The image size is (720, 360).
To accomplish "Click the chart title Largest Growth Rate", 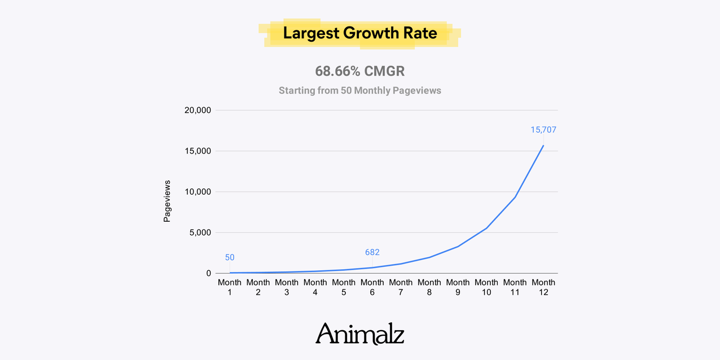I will (x=360, y=33).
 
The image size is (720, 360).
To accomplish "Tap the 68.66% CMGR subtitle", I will (x=360, y=72).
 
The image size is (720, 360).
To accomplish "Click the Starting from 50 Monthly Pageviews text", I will (x=360, y=90).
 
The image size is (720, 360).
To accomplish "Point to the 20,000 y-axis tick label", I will (x=197, y=110).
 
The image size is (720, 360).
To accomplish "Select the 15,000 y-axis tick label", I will (x=197, y=151).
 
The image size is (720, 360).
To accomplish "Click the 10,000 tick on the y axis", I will (x=197, y=192).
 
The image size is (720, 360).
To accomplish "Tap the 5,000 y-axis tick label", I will (x=200, y=232).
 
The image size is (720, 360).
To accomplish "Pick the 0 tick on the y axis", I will (x=209, y=273).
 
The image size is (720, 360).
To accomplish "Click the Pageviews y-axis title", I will (x=167, y=201).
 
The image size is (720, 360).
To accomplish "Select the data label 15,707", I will (x=543, y=130).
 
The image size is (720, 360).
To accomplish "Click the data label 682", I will (x=372, y=252).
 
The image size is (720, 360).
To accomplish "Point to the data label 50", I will (x=230, y=257).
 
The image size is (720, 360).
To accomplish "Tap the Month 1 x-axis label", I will (x=230, y=287).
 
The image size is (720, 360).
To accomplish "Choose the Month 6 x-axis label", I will (x=372, y=287).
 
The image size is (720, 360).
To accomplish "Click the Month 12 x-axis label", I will (x=543, y=287).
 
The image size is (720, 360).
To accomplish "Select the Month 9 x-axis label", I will (x=458, y=287).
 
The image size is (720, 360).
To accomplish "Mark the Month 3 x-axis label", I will (x=287, y=287).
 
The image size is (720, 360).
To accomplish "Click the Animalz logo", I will (x=360, y=333).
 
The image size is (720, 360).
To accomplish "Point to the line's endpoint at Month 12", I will (x=543, y=146).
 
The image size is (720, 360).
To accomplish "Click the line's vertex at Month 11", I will (x=515, y=197).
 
